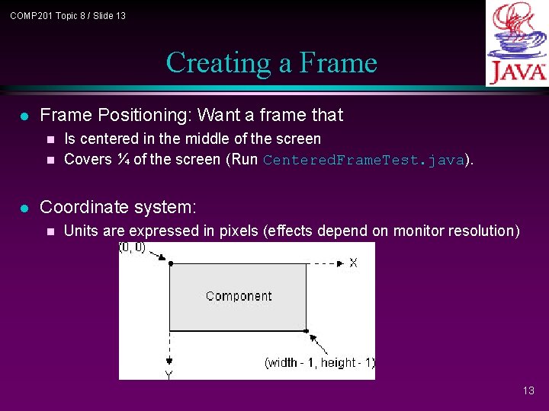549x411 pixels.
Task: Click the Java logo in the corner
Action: click(517, 43)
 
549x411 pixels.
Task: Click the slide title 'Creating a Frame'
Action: click(271, 62)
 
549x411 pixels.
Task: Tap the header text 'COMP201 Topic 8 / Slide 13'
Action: click(68, 16)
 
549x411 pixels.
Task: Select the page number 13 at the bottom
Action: click(528, 390)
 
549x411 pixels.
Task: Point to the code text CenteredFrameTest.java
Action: click(363, 160)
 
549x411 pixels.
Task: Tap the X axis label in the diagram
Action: click(353, 263)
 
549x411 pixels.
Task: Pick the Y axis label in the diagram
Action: click(169, 374)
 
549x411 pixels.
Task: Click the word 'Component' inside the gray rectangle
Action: click(239, 296)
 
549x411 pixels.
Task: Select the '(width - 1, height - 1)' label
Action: click(319, 362)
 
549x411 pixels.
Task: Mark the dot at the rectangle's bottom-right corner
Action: click(307, 331)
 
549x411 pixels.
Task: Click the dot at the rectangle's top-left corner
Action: click(170, 263)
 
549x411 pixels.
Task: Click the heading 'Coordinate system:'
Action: click(118, 207)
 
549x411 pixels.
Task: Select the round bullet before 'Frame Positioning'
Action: click(24, 116)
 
